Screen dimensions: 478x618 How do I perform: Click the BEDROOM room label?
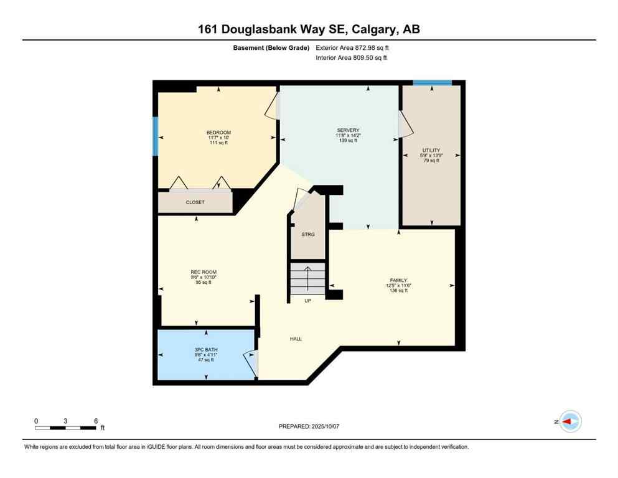click(218, 133)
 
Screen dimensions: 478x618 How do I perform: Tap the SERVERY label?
click(348, 130)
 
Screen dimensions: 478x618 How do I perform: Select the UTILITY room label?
click(431, 150)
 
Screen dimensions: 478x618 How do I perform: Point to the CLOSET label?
click(195, 202)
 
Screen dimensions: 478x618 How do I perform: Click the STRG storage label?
click(308, 234)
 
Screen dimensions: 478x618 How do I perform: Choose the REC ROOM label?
click(204, 272)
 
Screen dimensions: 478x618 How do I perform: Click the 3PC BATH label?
click(204, 349)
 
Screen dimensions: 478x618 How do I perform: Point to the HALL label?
click(296, 339)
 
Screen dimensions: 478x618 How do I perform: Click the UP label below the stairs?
click(307, 301)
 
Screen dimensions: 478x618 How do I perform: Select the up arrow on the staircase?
click(307, 277)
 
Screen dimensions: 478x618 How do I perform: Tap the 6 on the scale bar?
click(96, 421)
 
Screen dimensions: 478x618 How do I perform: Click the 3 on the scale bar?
click(65, 421)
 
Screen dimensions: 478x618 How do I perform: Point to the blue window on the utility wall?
click(433, 83)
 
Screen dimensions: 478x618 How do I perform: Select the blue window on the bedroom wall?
click(155, 136)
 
